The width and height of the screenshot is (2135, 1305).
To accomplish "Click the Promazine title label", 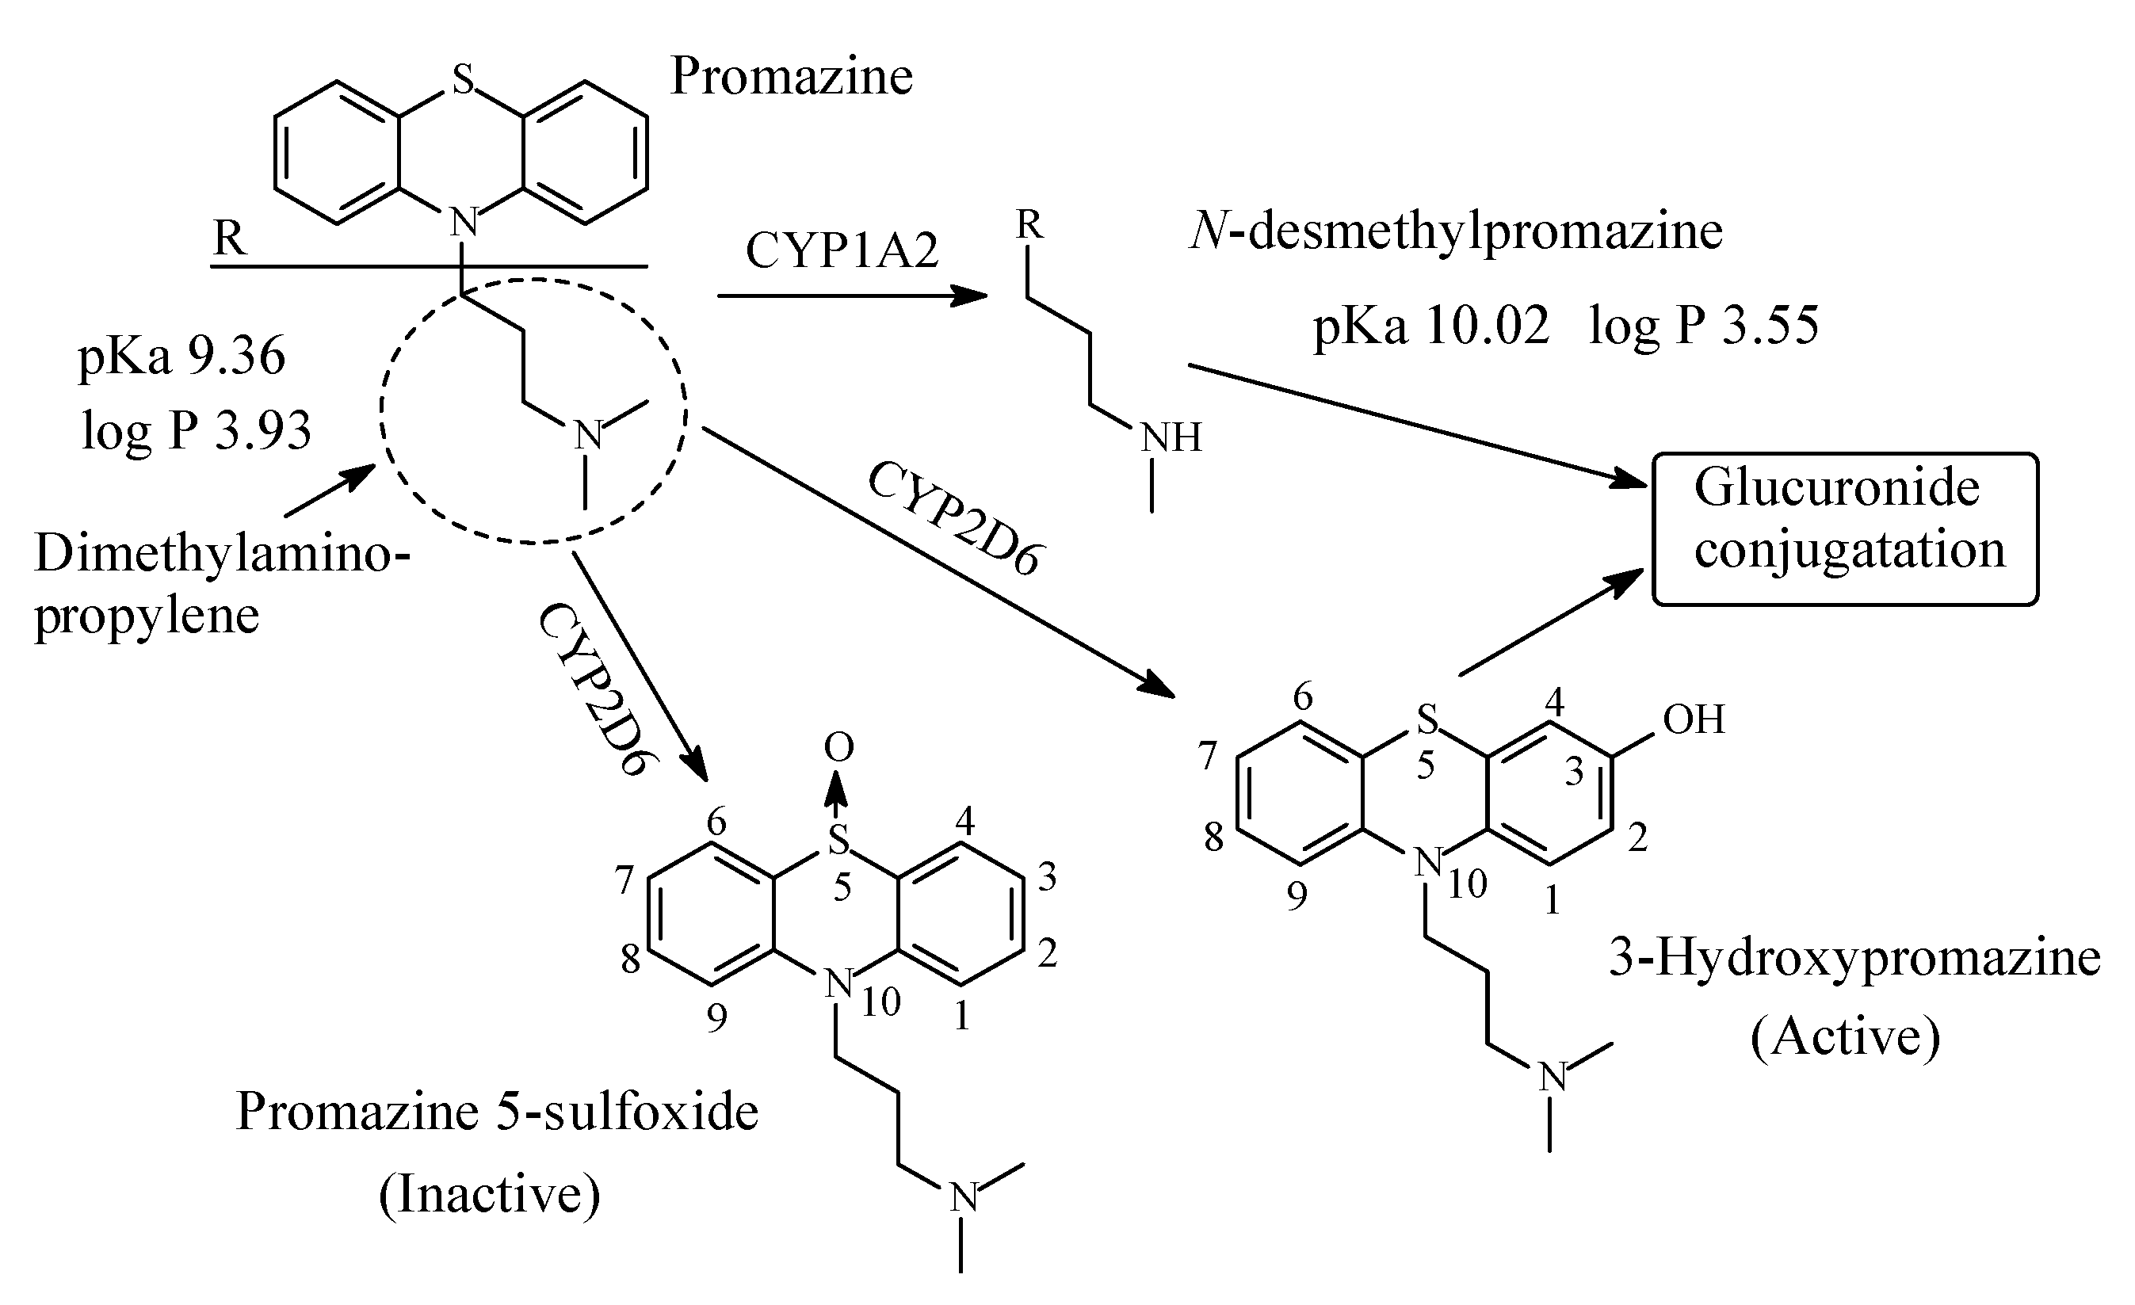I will (x=791, y=76).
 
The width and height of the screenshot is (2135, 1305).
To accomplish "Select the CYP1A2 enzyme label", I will (x=842, y=251).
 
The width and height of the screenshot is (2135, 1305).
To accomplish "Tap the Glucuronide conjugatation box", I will (x=1846, y=528).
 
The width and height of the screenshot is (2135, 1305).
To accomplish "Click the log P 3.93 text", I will (x=196, y=429).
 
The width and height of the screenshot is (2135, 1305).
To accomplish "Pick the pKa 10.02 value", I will (x=1430, y=327).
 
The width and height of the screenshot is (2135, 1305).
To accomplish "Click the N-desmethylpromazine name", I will (x=1456, y=232).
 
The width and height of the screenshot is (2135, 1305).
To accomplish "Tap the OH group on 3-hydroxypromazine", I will (x=1694, y=719).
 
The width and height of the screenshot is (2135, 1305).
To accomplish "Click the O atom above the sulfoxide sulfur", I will (x=838, y=747).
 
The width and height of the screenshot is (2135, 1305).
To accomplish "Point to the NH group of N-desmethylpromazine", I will (x=1171, y=438).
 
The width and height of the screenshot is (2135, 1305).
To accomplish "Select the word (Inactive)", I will (x=490, y=1194).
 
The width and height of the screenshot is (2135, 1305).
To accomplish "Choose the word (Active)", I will (x=1846, y=1036).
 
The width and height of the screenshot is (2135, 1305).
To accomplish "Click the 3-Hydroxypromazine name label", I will (x=1854, y=959).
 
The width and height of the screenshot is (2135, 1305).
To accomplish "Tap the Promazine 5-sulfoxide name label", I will (x=496, y=1112).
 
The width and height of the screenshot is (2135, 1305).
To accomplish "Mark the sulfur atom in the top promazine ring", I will (x=463, y=81).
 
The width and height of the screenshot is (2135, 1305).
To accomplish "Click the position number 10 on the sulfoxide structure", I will (x=880, y=1002).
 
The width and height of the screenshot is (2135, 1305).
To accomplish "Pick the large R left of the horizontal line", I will (x=230, y=238).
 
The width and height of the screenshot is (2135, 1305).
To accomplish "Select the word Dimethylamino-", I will (x=221, y=553).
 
